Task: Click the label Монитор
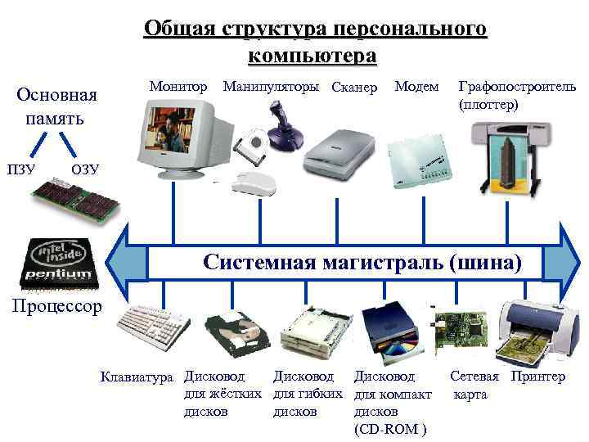(x=178, y=86)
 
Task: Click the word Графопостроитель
(x=517, y=86)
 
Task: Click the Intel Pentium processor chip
(x=60, y=263)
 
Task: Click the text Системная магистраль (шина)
(x=361, y=262)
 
